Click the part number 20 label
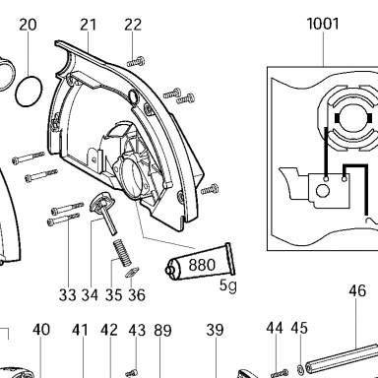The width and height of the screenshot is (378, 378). tap(28, 25)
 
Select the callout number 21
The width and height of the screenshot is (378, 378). tap(89, 25)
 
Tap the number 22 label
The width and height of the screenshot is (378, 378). tap(133, 25)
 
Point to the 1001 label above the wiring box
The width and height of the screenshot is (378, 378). tap(323, 24)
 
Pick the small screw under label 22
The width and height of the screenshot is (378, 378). tap(136, 62)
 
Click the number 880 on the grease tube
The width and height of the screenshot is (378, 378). tap(202, 265)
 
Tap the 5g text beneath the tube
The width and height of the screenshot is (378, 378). tap(227, 285)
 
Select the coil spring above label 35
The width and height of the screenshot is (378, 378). tap(122, 253)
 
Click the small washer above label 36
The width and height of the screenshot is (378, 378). tap(133, 272)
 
